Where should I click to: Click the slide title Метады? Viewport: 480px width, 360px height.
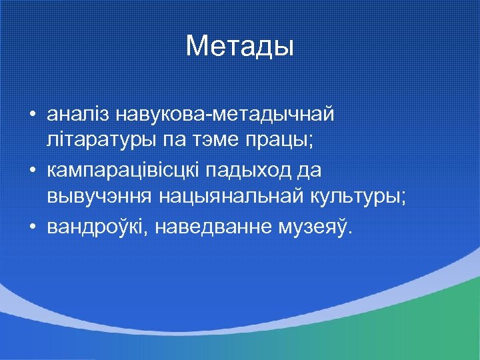(x=239, y=46)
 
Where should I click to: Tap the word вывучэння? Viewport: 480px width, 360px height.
(x=100, y=197)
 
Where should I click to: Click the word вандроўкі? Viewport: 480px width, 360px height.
(x=99, y=227)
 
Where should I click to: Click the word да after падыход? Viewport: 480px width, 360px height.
(x=311, y=171)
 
